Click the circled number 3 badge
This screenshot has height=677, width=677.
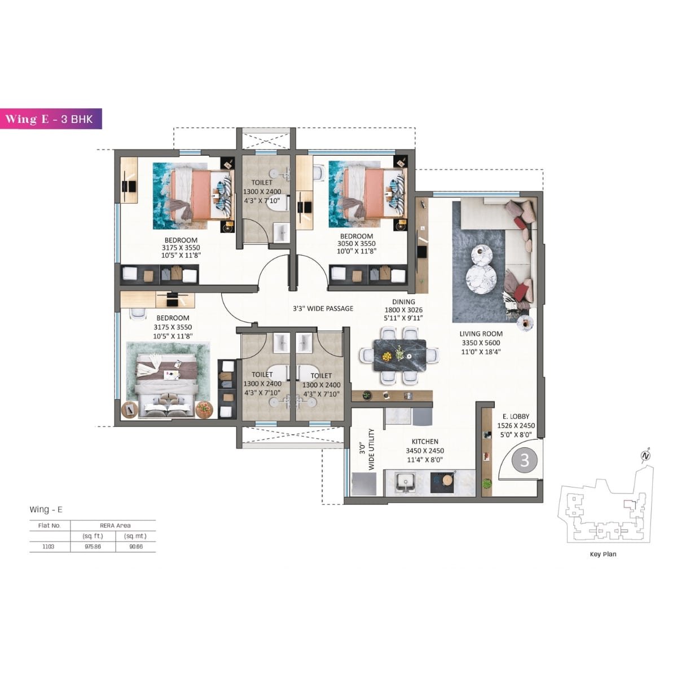(x=525, y=460)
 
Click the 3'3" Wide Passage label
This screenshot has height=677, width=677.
(x=323, y=309)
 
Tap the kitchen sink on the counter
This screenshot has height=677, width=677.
(x=405, y=482)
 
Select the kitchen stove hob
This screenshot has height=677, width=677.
(x=443, y=482)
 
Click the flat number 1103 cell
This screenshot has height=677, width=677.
(x=49, y=546)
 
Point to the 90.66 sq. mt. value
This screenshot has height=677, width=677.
(x=135, y=546)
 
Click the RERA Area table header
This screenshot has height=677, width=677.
(x=115, y=525)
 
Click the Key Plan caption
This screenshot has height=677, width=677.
(x=603, y=554)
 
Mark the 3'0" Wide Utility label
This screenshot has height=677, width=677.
(x=367, y=450)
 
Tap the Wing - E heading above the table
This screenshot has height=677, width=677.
(x=46, y=509)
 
